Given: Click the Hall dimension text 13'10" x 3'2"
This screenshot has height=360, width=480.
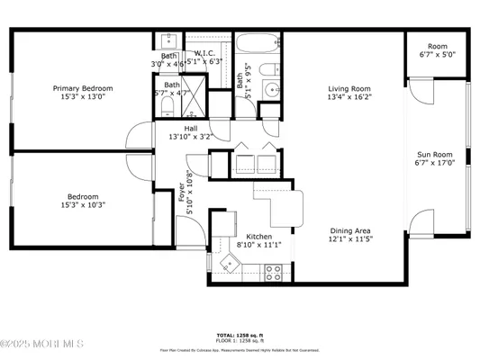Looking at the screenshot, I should [x=189, y=137].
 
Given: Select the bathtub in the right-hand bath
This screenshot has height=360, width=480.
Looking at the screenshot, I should [x=258, y=42].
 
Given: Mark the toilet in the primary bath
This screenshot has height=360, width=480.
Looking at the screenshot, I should [x=168, y=105].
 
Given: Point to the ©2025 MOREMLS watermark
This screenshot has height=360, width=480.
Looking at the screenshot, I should [x=42, y=343].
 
